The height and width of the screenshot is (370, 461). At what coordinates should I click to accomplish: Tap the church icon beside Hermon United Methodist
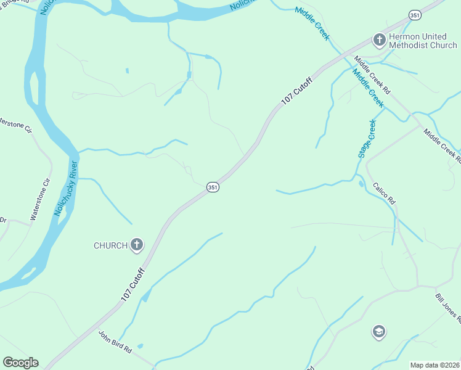379,41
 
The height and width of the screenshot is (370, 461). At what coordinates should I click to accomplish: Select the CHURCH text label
110,245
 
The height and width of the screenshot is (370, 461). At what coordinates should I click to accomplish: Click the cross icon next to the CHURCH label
137,245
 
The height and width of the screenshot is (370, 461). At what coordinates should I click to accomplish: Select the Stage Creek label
367,139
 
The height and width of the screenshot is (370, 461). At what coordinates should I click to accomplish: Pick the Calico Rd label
383,194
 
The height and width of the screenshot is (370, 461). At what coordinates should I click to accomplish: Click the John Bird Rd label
115,342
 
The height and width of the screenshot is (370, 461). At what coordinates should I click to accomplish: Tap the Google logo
20,363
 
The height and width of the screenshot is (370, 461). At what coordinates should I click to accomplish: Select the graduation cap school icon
379,332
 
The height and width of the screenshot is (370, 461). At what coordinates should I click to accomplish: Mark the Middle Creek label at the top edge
312,23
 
